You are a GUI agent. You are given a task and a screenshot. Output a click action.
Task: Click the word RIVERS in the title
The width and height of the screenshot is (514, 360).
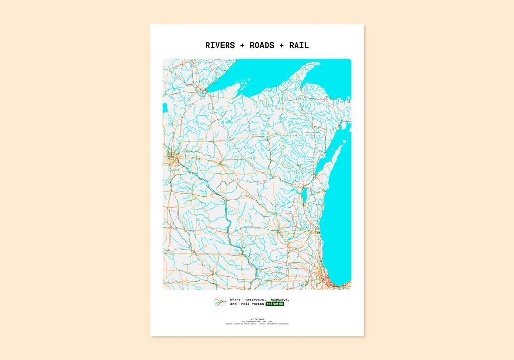[x=220, y=46]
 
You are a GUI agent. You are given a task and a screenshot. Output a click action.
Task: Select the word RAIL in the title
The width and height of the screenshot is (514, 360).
[x=299, y=46]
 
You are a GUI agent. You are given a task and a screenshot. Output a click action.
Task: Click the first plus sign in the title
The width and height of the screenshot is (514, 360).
[x=242, y=46]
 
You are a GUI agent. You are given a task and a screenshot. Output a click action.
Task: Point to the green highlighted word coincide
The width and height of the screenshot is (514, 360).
[x=275, y=304]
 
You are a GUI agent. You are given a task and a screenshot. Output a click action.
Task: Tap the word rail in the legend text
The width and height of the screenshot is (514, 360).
[x=245, y=304]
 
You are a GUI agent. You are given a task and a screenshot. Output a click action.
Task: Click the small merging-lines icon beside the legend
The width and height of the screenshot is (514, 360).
[x=220, y=302]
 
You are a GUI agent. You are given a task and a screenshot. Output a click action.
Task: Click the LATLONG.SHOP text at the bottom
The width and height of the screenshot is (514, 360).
[x=257, y=319]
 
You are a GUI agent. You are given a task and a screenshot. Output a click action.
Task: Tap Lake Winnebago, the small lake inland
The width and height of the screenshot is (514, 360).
[x=305, y=195]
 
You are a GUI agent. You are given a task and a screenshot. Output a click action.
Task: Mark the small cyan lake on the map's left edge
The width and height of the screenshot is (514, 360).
[x=165, y=108]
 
